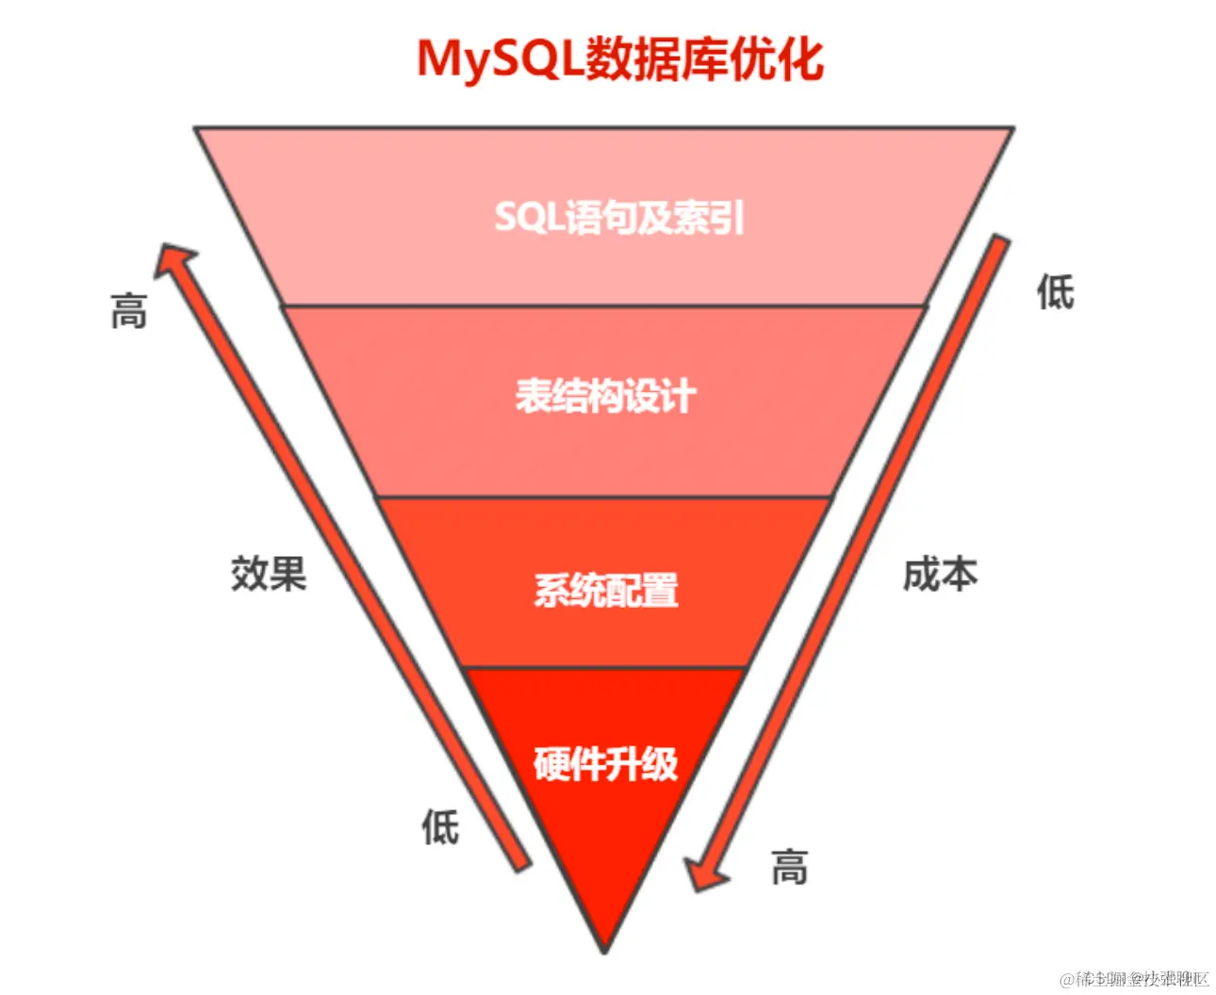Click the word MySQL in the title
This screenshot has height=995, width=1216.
coord(500,58)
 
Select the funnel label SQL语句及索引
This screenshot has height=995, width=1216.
coord(619,218)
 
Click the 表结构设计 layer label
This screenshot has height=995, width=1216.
coord(605,396)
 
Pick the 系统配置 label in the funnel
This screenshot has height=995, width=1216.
coord(606,591)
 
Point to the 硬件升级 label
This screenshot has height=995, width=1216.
coord(606,764)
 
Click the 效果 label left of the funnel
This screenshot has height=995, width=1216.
coord(269,573)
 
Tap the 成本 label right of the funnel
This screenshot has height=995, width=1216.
coord(940,574)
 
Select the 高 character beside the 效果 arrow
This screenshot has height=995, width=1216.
coord(129,311)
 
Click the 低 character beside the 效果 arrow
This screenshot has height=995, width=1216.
coord(440,827)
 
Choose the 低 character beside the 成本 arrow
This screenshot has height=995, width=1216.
coord(1055,292)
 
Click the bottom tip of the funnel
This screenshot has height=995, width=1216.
coord(604,950)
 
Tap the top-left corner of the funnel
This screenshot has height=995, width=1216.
coord(197,129)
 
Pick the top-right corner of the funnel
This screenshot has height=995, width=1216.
coord(1011,129)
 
